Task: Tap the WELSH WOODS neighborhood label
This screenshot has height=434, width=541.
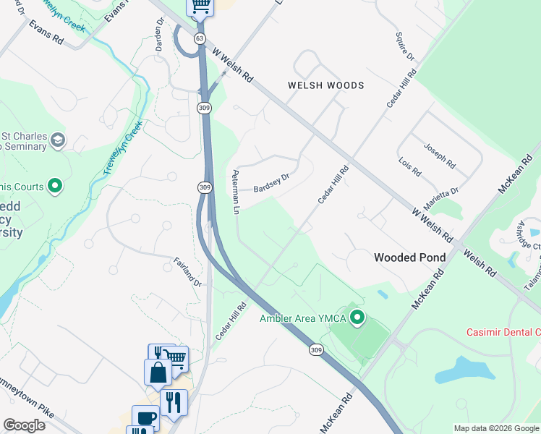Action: pos(325,85)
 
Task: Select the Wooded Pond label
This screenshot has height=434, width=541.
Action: pos(405,257)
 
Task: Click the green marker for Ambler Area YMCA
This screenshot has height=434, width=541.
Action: pos(356,317)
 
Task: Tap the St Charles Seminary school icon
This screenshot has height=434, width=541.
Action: pos(58,140)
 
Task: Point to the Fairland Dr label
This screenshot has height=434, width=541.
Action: pos(187,272)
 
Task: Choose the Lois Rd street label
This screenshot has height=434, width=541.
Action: pos(409,168)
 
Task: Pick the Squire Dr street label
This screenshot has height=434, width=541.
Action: pos(405,46)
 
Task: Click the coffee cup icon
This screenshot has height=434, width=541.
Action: pos(145,418)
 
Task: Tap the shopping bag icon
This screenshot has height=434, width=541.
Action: pos(158,372)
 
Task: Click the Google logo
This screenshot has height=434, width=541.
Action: pos(24,425)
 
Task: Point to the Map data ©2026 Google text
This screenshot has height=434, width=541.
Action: pos(496,428)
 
